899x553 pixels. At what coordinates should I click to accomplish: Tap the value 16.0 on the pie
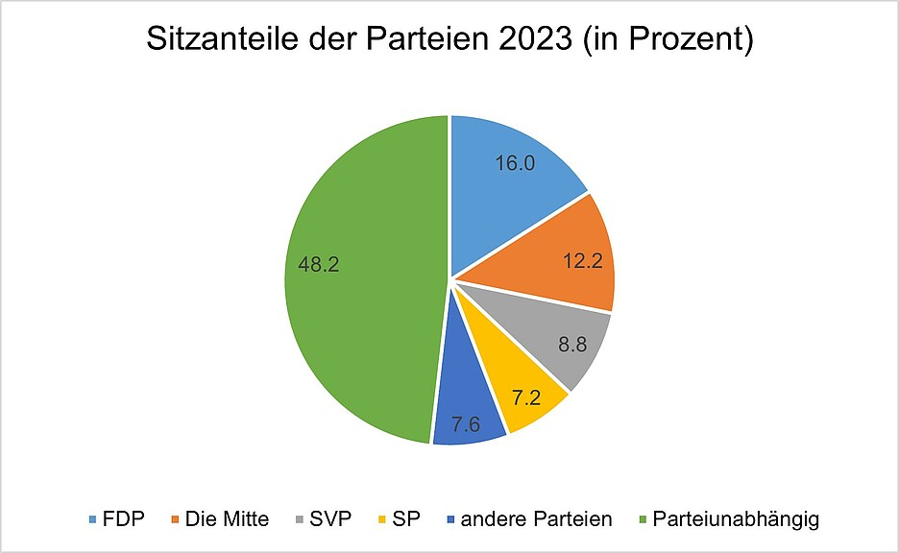(x=515, y=162)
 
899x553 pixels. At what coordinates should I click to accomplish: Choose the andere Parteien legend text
(x=536, y=519)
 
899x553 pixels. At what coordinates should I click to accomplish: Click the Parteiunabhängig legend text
(x=736, y=519)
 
